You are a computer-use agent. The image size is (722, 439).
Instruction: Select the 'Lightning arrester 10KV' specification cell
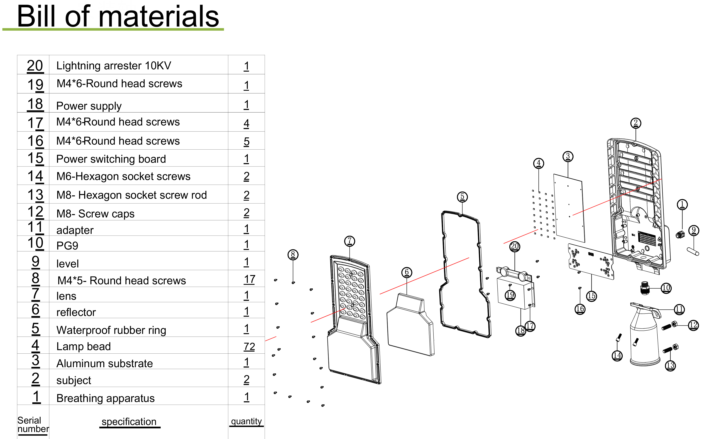pyautogui.click(x=114, y=66)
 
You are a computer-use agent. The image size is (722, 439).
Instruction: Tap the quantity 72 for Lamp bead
pyautogui.click(x=249, y=346)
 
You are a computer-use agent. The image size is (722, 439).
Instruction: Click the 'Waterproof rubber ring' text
pyautogui.click(x=111, y=330)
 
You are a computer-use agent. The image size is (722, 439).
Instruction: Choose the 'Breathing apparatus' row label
pyautogui.click(x=106, y=398)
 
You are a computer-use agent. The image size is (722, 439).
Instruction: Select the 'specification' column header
pyautogui.click(x=129, y=422)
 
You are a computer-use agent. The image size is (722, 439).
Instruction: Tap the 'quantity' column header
pyautogui.click(x=246, y=421)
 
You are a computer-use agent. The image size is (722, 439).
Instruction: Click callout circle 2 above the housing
pyautogui.click(x=636, y=123)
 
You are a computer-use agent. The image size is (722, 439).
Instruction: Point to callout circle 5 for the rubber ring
pyautogui.click(x=462, y=197)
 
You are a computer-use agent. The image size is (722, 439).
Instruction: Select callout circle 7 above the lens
pyautogui.click(x=349, y=241)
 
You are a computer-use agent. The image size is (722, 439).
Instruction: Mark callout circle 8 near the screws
pyautogui.click(x=293, y=254)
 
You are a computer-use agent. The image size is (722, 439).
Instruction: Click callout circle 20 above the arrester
pyautogui.click(x=515, y=246)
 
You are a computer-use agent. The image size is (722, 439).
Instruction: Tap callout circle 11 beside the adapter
pyautogui.click(x=679, y=309)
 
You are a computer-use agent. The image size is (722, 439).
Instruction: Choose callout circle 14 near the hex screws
pyautogui.click(x=617, y=355)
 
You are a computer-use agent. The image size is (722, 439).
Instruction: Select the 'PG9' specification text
pyautogui.click(x=67, y=245)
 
